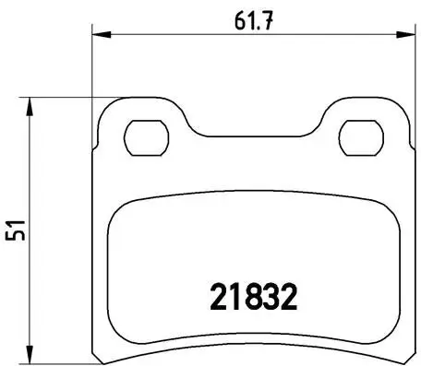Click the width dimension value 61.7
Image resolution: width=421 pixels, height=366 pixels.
tap(249, 18)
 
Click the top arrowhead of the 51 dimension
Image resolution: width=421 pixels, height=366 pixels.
tap(33, 104)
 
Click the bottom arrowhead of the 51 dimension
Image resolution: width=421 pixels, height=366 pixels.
tap(33, 352)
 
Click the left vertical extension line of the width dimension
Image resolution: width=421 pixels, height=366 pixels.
tap(93, 74)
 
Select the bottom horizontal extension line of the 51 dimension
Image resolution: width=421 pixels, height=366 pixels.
tap(65, 360)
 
